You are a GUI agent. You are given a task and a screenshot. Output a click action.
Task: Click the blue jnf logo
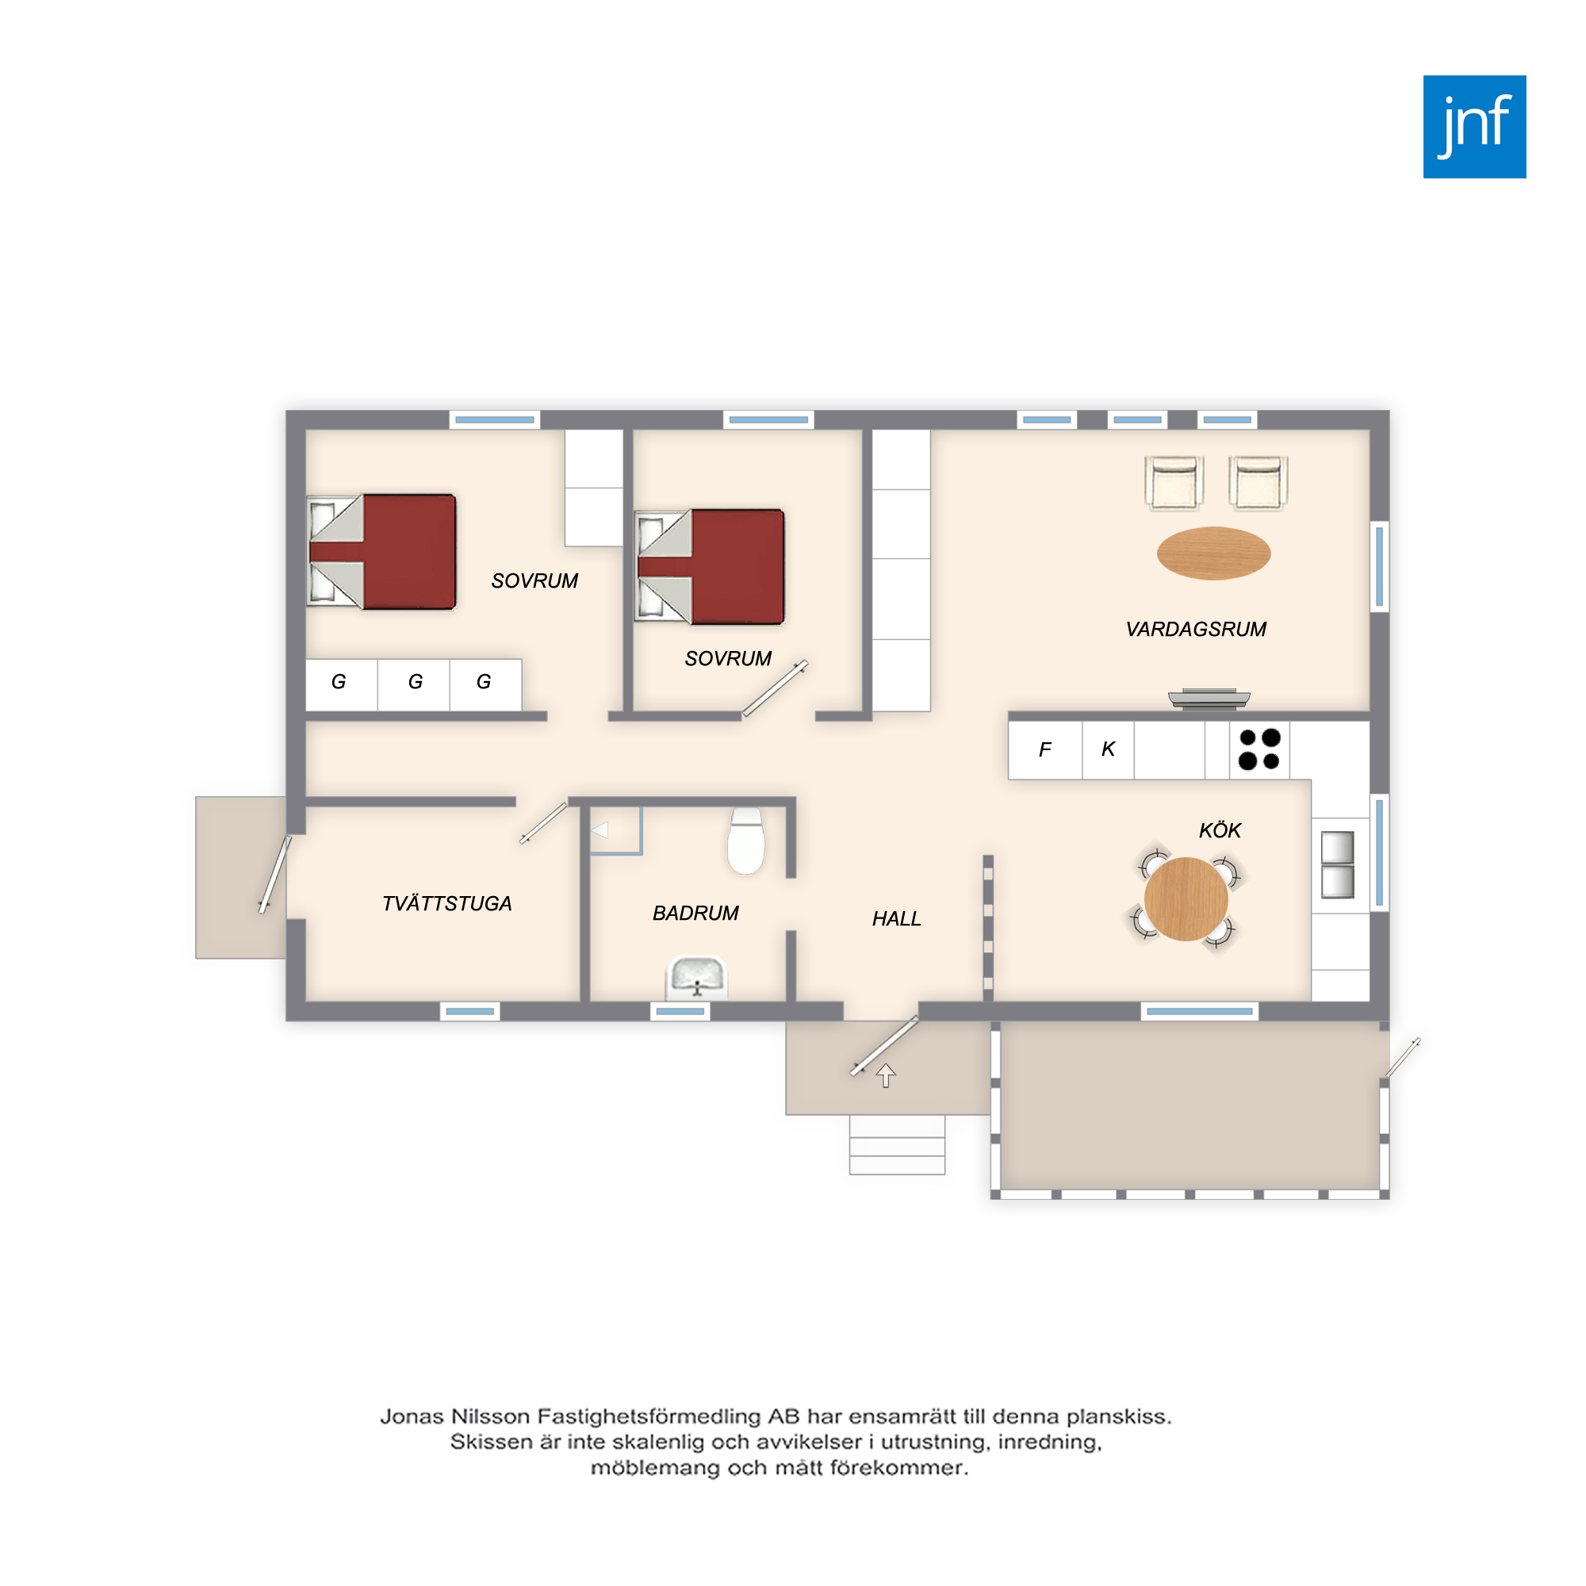point(1474,126)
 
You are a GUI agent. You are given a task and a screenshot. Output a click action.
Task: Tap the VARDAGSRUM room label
point(1195,630)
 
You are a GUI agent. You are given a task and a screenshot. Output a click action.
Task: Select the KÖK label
point(1220,830)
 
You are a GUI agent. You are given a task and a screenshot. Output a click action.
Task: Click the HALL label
point(896,918)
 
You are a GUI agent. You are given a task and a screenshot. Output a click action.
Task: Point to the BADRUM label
point(695,913)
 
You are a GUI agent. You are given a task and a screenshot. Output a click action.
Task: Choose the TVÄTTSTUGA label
point(446,903)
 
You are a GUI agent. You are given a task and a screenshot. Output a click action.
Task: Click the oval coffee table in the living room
point(1213,554)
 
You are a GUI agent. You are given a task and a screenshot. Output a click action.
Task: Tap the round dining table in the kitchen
point(1186,899)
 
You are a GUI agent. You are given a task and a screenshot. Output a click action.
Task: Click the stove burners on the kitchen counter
point(1259,749)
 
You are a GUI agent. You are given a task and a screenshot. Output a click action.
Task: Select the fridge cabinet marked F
point(1045,749)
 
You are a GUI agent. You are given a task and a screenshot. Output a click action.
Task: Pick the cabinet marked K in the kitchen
point(1109,749)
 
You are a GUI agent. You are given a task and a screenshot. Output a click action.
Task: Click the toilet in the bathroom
point(746,841)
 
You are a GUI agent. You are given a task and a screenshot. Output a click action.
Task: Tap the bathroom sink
point(697,978)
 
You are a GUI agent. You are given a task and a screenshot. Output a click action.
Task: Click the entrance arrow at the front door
point(885,1075)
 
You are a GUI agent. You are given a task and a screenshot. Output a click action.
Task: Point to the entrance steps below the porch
point(896,1144)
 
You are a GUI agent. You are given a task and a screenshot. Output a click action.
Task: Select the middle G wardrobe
point(414,684)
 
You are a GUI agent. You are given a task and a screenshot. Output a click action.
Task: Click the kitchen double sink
point(1337,864)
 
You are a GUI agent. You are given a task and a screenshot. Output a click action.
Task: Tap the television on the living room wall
point(1209,699)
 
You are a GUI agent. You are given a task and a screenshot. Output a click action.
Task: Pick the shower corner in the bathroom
point(615,831)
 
